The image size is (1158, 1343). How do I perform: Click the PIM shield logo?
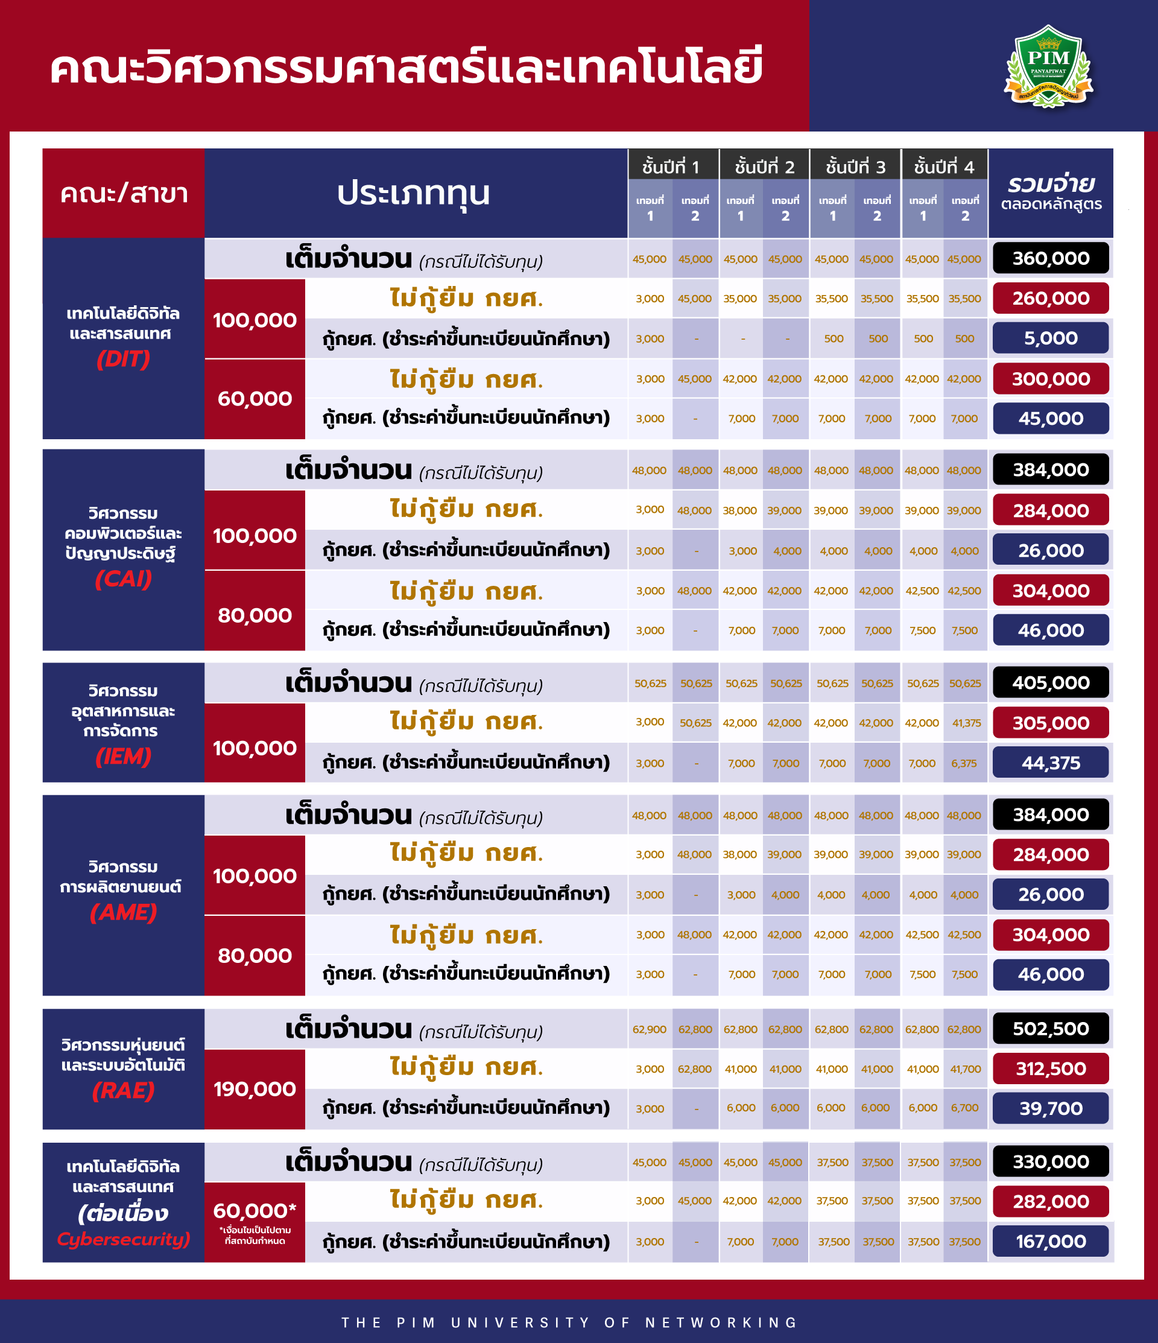coord(1048,66)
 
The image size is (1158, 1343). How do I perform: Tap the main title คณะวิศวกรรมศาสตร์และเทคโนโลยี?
coord(406,68)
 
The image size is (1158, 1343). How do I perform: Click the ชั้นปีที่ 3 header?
coord(855,167)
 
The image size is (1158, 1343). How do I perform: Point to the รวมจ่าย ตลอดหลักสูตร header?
coord(1051,193)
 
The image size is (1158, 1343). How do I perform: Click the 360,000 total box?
coord(1051,258)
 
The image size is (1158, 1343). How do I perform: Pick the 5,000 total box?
coord(1051,338)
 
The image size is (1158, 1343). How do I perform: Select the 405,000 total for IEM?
coord(1051,682)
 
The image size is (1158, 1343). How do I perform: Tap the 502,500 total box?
coord(1051,1029)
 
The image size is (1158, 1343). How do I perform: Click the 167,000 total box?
coord(1051,1241)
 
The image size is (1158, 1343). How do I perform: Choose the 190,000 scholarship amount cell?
coord(255,1089)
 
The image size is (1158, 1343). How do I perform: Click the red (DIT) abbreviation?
coord(123,358)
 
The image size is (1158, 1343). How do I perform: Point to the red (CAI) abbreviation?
coord(123,578)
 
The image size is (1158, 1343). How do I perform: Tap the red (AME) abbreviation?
coord(123,912)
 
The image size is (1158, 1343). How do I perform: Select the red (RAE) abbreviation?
coord(123,1090)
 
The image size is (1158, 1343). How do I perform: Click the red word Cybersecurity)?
coord(123,1239)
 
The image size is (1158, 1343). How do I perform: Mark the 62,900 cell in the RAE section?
coord(650,1029)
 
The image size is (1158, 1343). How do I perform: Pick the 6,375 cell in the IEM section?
coord(964,763)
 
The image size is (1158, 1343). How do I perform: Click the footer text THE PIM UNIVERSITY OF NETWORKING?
coord(569,1322)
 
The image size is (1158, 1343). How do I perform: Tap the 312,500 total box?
coord(1051,1069)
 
